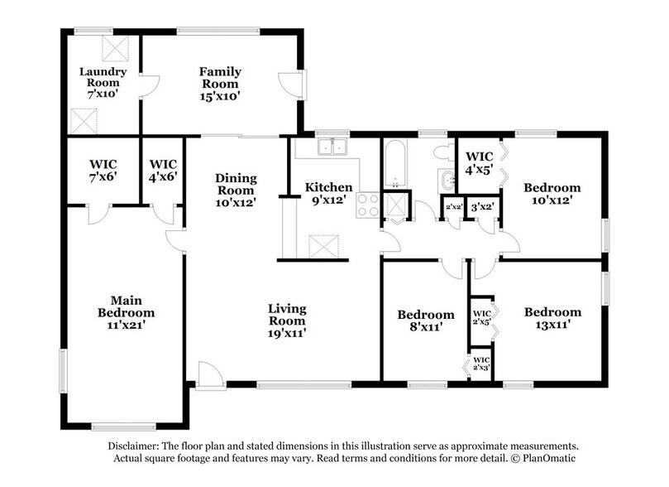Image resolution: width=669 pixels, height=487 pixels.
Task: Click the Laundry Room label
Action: (99, 83)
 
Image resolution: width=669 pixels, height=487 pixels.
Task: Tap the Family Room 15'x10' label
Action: (219, 84)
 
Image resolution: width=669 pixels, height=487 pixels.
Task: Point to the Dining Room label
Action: (236, 189)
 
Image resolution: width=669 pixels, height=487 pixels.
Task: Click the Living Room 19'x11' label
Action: (287, 321)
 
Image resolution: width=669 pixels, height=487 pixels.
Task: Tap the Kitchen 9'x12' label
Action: (329, 194)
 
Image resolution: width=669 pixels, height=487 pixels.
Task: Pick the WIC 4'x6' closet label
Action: (162, 170)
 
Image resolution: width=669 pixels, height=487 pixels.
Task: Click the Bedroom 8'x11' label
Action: (426, 321)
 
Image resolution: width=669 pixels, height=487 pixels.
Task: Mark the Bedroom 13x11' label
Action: (552, 318)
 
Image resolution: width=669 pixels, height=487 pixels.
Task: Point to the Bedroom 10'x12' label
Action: (552, 194)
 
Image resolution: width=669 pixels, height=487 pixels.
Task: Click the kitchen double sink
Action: (334, 148)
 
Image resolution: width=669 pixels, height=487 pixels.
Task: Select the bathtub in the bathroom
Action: (393, 163)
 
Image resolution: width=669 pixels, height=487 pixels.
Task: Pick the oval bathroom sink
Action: (447, 181)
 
